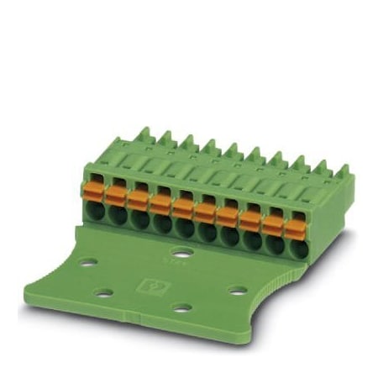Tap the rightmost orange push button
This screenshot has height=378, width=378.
(x=295, y=227)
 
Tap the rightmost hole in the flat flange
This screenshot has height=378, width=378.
(x=238, y=291)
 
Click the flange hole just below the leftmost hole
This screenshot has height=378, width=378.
(x=104, y=292)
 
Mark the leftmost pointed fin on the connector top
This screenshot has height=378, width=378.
(x=144, y=134)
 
